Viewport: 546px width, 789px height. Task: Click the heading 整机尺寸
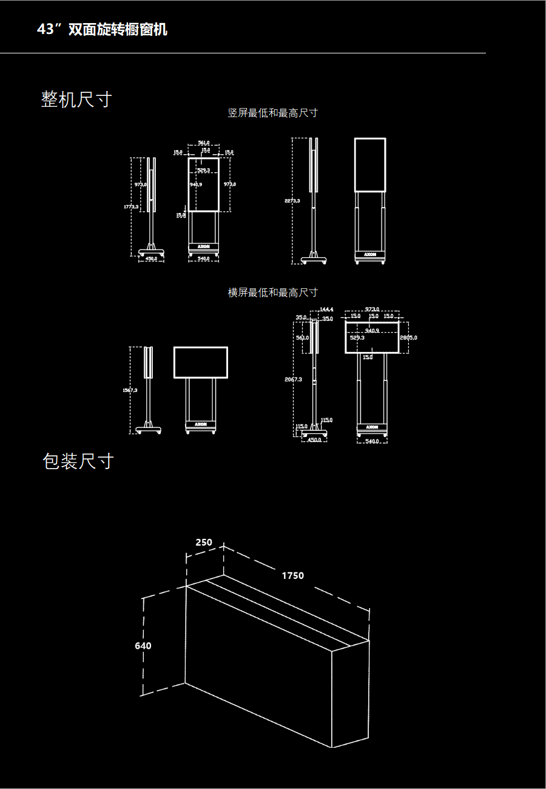tap(76, 100)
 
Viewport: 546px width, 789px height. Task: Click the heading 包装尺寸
tap(78, 461)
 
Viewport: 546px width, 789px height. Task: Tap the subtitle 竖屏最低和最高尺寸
tap(272, 113)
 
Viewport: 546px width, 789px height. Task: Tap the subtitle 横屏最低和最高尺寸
tap(272, 293)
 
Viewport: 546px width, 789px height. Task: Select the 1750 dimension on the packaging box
tap(292, 575)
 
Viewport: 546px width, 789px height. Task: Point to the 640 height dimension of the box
tap(143, 646)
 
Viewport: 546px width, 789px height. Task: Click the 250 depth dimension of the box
tap(204, 543)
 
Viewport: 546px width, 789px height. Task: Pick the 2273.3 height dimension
tap(292, 201)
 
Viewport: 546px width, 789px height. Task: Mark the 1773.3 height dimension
tap(131, 207)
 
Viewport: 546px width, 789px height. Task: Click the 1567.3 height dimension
tap(130, 390)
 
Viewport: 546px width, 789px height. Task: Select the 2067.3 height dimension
tap(293, 379)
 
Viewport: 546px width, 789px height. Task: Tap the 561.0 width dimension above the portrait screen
tap(204, 143)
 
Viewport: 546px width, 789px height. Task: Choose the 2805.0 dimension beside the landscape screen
tap(408, 337)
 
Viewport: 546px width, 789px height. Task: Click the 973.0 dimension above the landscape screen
tap(372, 310)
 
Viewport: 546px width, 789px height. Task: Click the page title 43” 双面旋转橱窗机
tap(102, 30)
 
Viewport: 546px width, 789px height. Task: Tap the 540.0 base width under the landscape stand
tap(372, 441)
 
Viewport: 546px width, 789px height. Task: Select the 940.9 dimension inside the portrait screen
tap(195, 184)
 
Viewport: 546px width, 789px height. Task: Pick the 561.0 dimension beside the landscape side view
tap(302, 337)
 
